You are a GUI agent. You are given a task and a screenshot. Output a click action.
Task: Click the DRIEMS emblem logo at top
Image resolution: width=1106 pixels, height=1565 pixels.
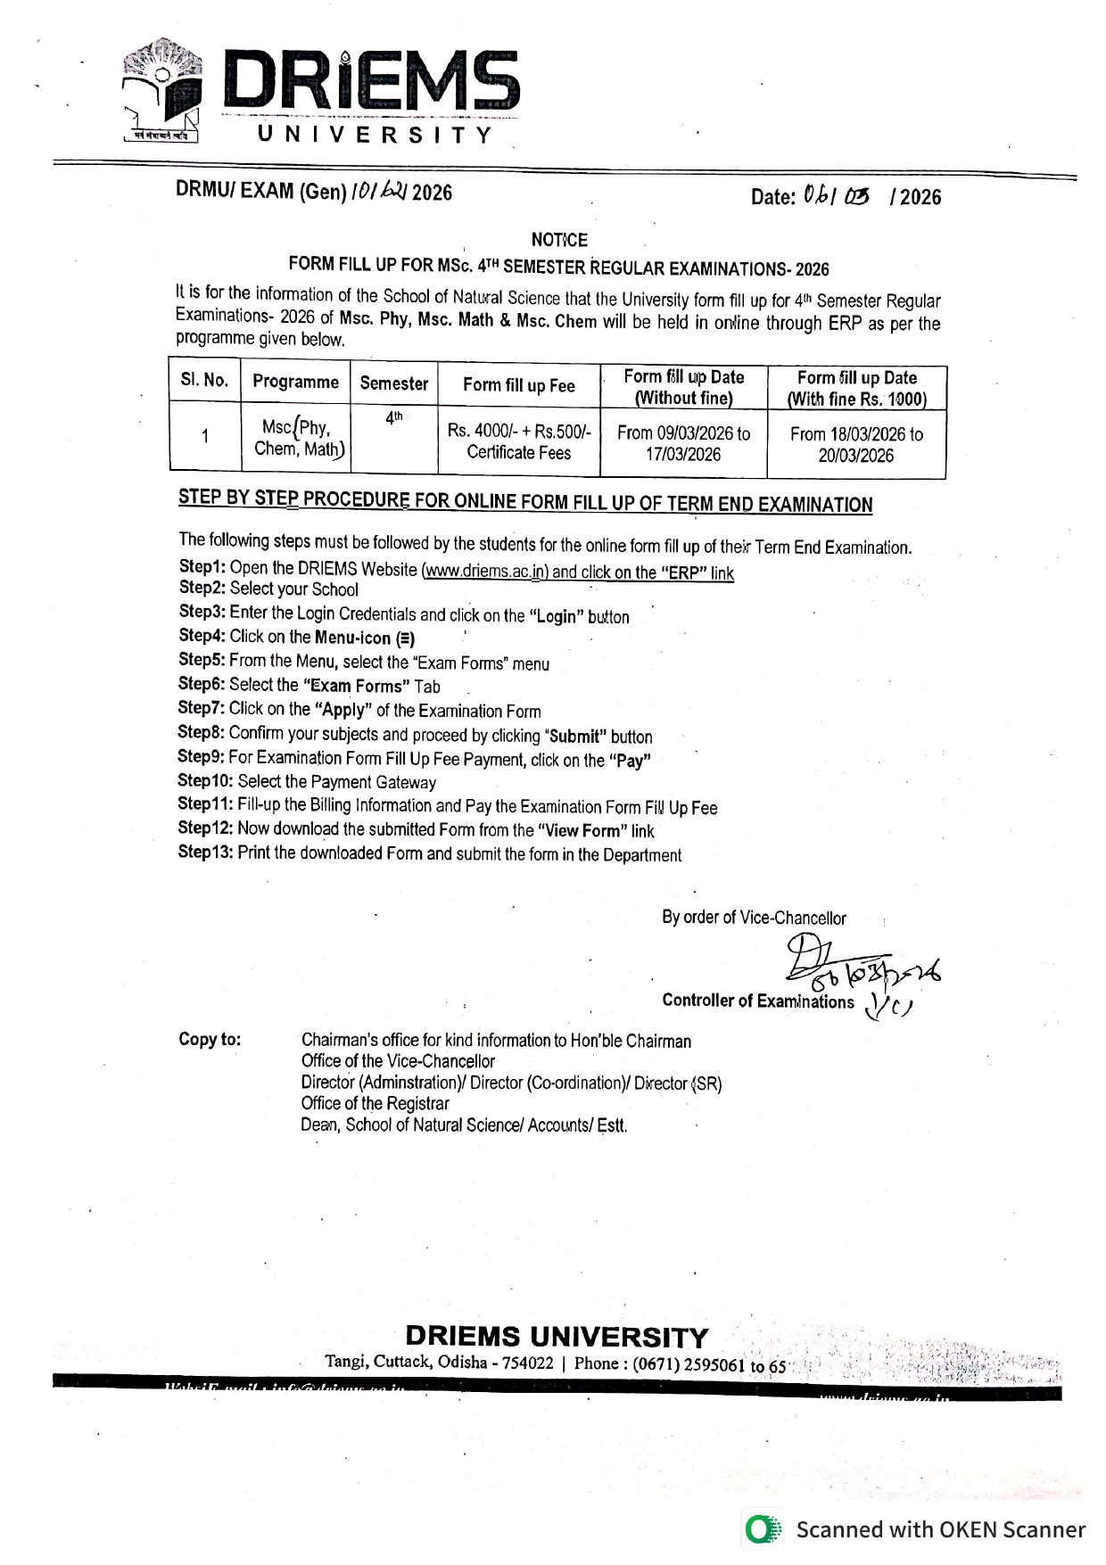coord(161,90)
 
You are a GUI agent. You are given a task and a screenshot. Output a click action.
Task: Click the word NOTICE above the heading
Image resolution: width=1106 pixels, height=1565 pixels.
coord(559,240)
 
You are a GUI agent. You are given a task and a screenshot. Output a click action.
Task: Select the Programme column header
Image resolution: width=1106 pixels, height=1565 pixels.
coord(295,383)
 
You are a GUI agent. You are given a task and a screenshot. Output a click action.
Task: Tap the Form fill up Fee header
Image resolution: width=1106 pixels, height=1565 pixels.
coord(518,385)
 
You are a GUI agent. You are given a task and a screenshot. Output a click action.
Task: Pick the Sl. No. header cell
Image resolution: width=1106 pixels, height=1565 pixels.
coord(204,381)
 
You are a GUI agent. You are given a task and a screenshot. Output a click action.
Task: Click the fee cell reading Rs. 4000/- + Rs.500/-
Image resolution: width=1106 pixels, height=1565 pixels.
coord(518,432)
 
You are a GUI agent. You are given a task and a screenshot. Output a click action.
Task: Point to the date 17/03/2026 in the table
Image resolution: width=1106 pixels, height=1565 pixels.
coord(683,455)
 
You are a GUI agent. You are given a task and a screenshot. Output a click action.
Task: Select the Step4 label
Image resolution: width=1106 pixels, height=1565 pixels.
coord(202,636)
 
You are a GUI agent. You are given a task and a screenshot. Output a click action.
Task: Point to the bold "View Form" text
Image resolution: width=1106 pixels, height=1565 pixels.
coord(582,831)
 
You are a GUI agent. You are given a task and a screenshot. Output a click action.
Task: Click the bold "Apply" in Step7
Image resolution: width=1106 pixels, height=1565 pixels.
coord(343,710)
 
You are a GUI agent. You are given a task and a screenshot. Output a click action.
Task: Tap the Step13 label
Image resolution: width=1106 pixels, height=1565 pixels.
coord(205,853)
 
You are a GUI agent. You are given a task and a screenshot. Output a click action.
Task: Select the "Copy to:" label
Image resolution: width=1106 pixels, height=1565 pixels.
coord(210,1040)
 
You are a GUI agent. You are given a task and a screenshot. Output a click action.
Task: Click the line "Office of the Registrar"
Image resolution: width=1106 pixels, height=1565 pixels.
coord(375,1104)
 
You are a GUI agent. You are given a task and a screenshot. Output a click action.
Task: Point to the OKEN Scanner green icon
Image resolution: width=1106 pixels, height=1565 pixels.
coord(762,1529)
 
